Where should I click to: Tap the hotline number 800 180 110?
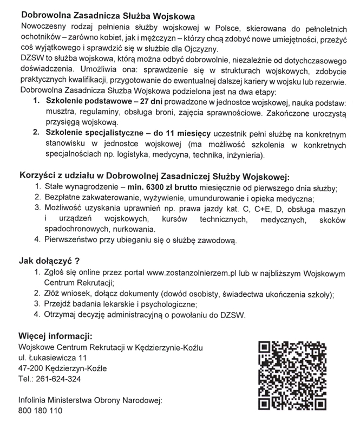pos(40,411)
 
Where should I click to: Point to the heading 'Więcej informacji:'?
pos(56,334)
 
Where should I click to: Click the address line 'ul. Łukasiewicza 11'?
pos(53,358)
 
